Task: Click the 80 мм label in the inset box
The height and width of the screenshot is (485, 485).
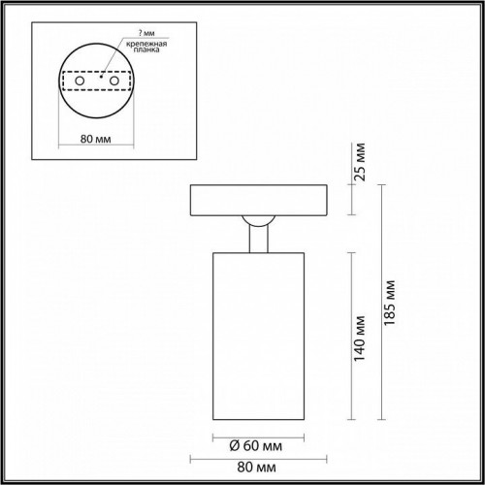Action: (x=95, y=139)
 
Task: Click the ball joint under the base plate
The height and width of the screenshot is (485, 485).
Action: (x=263, y=221)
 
